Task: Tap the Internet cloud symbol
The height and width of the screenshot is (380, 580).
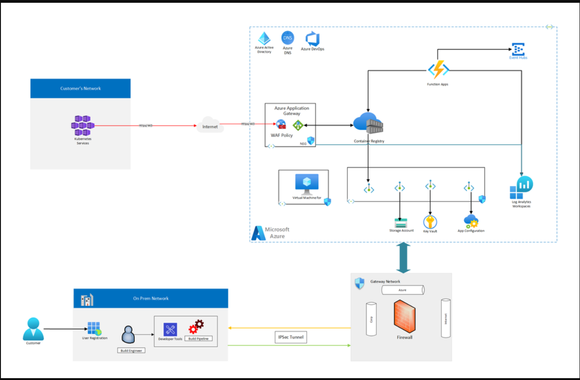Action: (x=210, y=126)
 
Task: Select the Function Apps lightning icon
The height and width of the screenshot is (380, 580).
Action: (x=438, y=70)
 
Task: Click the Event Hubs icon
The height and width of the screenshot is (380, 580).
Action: (x=518, y=49)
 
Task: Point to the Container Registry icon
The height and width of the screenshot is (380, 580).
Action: (x=369, y=124)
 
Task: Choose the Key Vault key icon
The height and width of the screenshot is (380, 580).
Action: (x=430, y=222)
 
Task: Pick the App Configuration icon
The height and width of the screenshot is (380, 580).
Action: (x=471, y=221)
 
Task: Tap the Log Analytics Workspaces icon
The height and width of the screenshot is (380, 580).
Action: (x=522, y=188)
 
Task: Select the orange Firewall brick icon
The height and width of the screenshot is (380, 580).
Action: (x=404, y=317)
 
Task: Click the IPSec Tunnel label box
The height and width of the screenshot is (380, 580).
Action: (x=291, y=337)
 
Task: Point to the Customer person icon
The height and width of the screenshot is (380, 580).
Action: (x=33, y=329)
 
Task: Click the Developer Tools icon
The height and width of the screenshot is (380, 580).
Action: (x=170, y=330)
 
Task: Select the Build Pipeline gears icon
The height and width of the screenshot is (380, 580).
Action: (x=196, y=327)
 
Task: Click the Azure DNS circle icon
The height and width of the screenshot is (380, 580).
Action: (x=287, y=38)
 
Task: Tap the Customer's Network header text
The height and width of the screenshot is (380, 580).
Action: (x=81, y=88)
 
